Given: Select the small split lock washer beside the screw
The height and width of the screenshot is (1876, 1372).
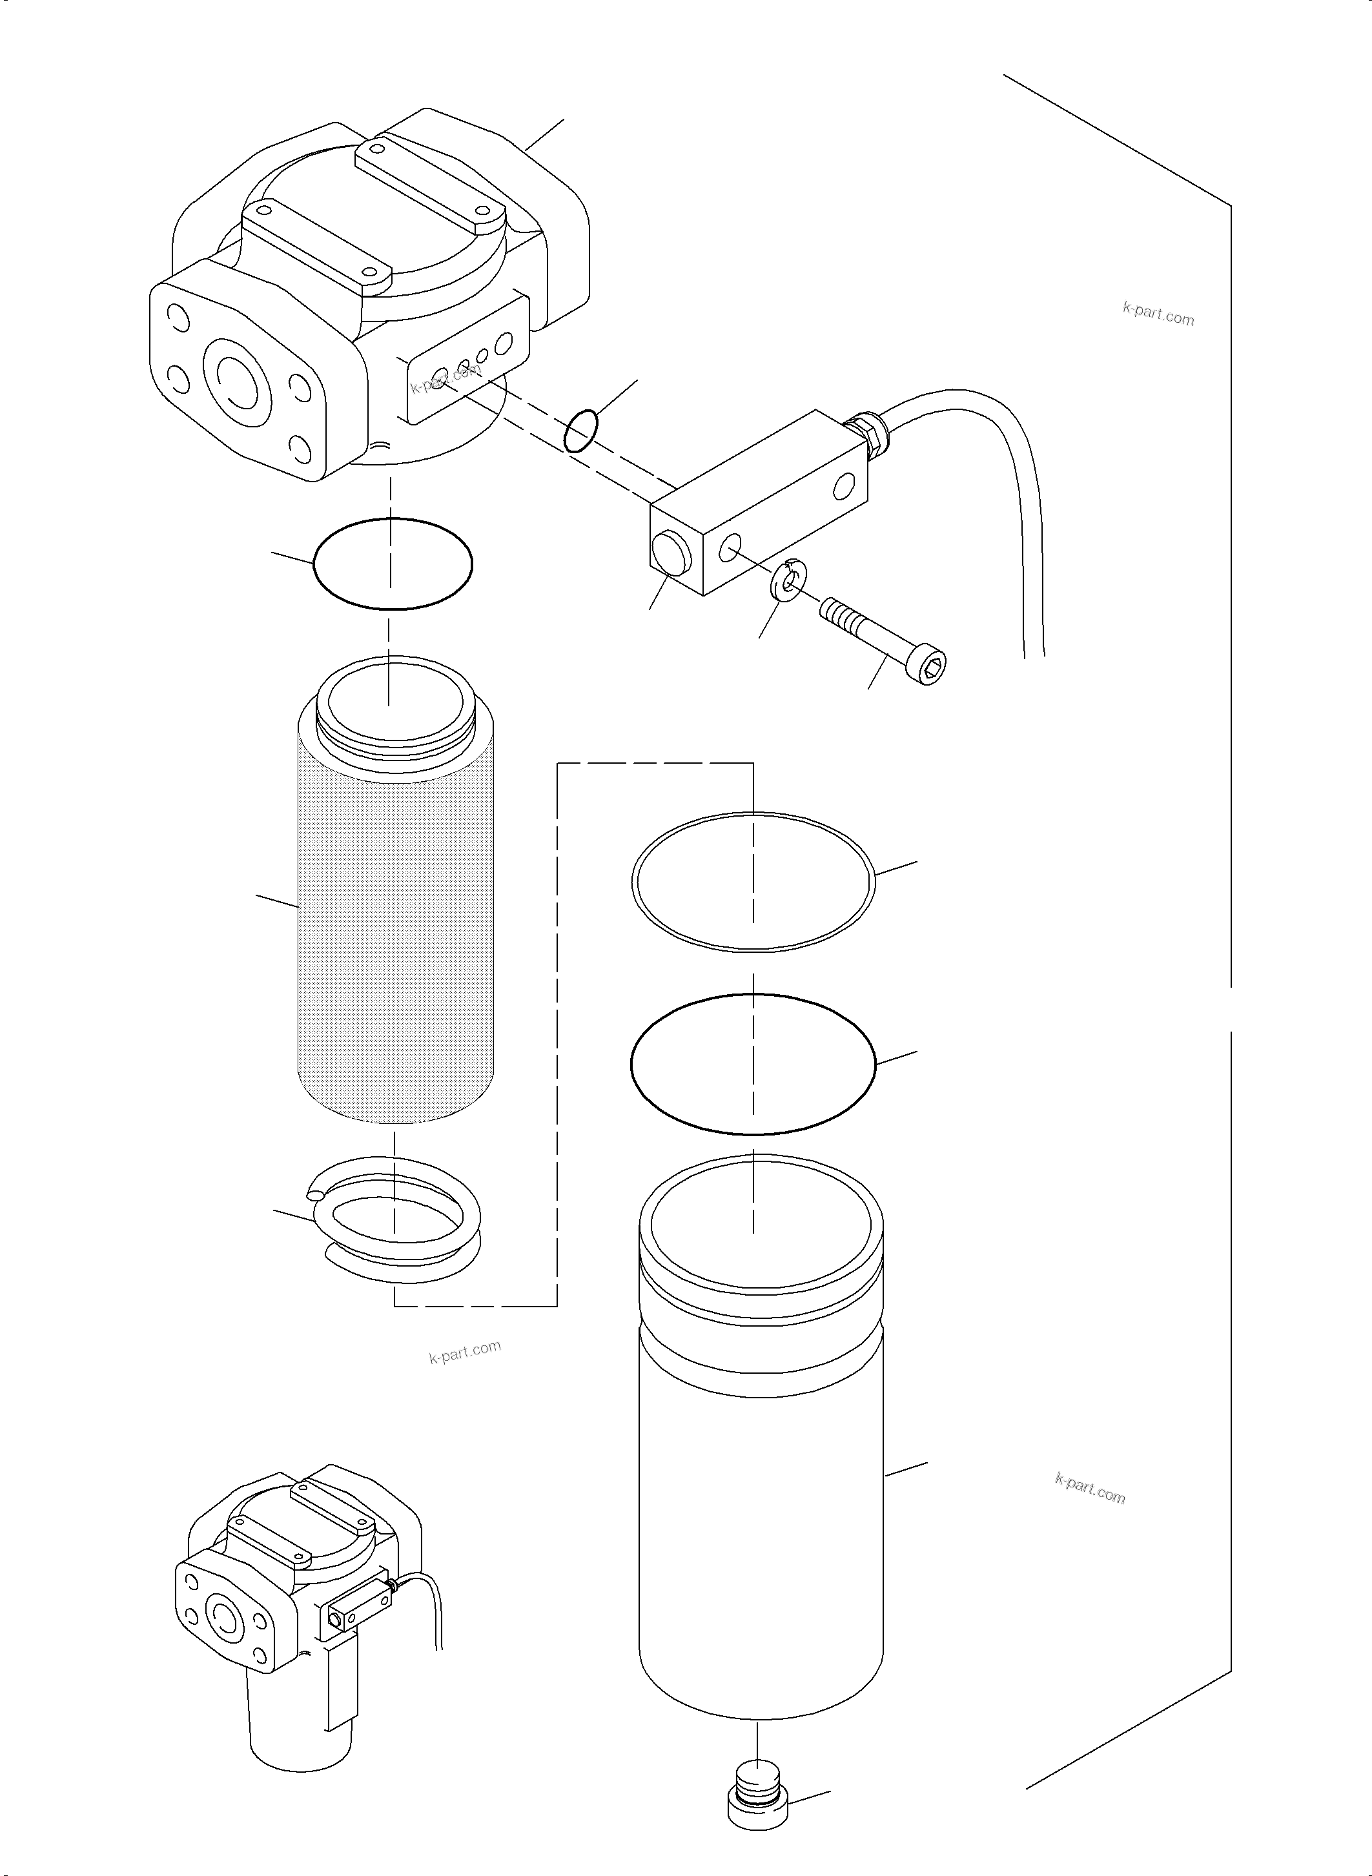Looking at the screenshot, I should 788,581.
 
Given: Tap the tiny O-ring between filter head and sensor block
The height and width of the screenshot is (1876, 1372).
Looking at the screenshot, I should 581,430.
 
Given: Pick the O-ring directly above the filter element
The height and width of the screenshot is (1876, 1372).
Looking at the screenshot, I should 393,564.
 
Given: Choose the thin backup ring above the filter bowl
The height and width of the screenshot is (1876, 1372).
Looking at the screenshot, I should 752,881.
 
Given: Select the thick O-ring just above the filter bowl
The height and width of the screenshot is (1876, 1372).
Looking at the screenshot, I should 752,1064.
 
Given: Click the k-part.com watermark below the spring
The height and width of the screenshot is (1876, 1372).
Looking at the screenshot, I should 464,1352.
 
